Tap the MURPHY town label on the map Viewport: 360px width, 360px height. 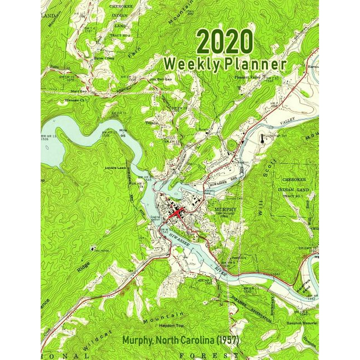225,209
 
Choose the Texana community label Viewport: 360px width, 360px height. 152,123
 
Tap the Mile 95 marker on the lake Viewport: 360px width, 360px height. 123,133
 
